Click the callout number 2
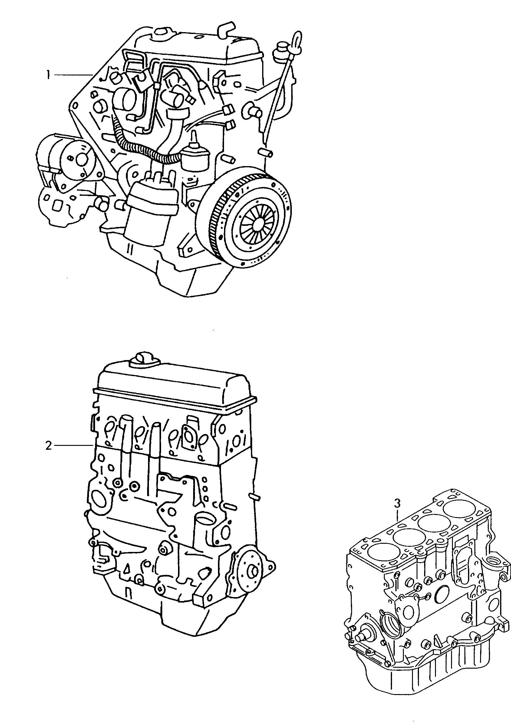coord(48,446)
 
